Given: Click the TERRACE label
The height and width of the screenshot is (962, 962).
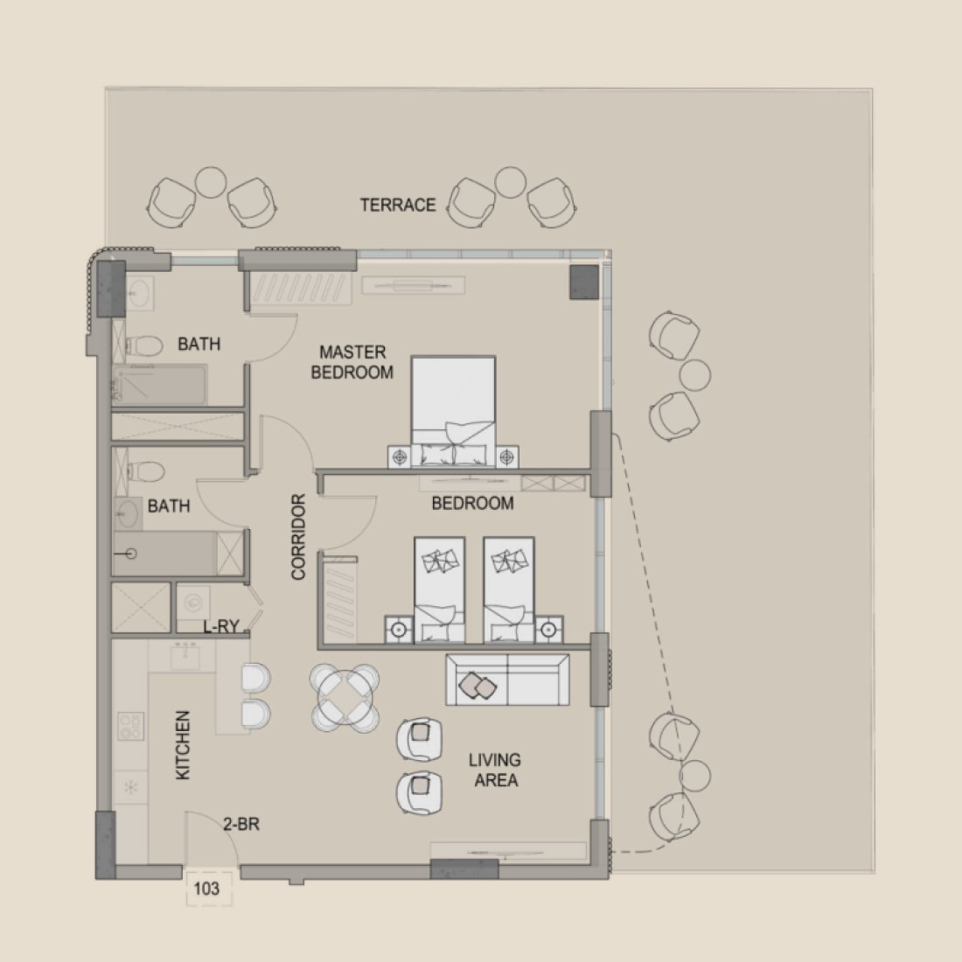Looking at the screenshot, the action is coord(398,205).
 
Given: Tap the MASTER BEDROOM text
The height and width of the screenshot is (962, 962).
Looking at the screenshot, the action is coord(352,362).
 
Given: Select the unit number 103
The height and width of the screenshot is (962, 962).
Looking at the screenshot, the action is coord(206,888).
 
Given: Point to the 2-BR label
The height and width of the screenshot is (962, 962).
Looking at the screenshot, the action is coord(241,824).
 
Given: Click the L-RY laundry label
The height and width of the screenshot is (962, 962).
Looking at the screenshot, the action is coord(221,626).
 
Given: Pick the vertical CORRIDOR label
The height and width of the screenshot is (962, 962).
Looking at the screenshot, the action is coord(298,537).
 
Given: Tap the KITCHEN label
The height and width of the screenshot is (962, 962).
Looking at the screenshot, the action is coord(183,745).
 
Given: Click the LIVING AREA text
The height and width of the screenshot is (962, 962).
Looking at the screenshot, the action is coord(495,770).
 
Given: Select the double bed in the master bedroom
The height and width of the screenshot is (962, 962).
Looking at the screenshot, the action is coord(453,412).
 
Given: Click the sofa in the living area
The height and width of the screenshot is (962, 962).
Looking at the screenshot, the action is coord(507,680).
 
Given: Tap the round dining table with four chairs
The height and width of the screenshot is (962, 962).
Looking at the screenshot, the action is coord(345,698).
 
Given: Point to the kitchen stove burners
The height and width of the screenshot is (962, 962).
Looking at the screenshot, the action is coord(130,727).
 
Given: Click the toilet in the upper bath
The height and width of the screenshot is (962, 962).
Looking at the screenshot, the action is coord(143,346).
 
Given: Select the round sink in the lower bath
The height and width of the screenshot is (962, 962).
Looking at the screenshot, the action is coord(128,513).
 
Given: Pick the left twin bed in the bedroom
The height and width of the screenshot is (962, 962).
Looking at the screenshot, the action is coord(439,589).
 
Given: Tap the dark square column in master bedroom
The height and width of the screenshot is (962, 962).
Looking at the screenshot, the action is coord(584,282).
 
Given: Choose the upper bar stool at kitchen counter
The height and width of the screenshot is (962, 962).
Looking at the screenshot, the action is coord(256,678).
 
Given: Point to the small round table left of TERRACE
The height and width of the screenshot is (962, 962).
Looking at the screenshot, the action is coord(211,183).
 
